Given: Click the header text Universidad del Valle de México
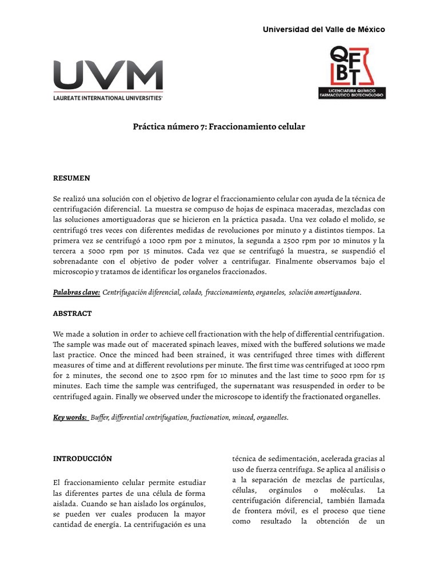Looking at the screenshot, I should point(324,29).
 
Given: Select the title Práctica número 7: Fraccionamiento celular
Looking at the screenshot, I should point(219,126).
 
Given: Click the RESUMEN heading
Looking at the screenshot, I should point(71,178).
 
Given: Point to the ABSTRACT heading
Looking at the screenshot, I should point(73,314).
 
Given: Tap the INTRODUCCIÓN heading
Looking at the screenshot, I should point(82,459).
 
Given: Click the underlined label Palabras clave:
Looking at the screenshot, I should point(77,292).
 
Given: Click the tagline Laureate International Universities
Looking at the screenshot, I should point(108,98).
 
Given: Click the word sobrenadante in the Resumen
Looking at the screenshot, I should point(78,261).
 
